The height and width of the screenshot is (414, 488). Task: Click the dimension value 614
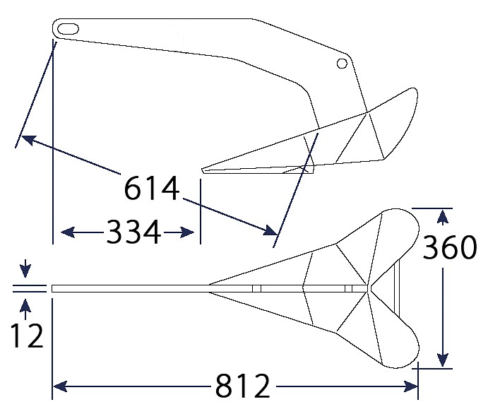pos(152,188)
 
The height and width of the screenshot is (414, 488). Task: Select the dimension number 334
pos(133,232)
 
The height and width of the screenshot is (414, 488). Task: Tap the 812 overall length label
pos(242,386)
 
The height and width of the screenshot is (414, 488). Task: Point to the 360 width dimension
pos(449,247)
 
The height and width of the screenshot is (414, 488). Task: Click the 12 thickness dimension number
pos(27,336)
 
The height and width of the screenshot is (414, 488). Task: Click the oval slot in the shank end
pos(68,29)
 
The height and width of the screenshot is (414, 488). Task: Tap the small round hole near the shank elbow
pos(342,64)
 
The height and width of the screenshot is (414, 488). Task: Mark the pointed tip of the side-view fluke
pos(202,170)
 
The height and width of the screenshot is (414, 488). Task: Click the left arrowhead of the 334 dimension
pos(68,232)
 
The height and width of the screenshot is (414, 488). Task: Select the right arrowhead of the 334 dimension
pos(187,232)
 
